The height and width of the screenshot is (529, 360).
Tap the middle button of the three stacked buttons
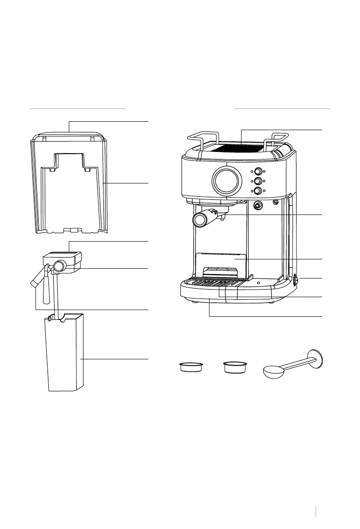[257, 181]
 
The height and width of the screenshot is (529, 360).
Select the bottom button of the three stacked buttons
[257, 191]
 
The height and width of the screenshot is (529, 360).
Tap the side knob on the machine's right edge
[296, 281]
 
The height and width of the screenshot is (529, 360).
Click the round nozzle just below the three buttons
[257, 205]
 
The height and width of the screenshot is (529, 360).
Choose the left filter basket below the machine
[191, 368]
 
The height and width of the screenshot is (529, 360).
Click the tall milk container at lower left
[65, 353]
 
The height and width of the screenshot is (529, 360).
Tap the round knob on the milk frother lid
[59, 266]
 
